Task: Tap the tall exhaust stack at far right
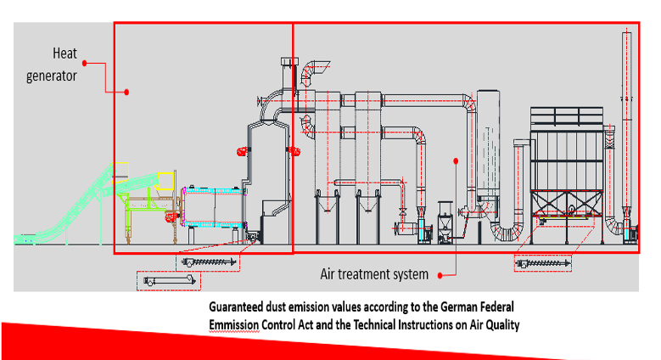[x=626, y=127]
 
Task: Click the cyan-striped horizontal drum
[x=213, y=205]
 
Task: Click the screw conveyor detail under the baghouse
[x=544, y=264]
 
